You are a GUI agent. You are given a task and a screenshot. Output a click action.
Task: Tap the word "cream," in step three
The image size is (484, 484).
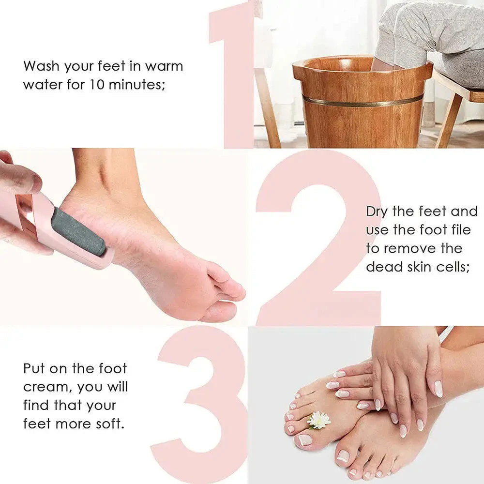[49, 387]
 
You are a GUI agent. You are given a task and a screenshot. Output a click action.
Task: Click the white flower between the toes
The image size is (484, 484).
[319, 420]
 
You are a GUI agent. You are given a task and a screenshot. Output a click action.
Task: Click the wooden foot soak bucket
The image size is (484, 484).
[363, 116]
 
